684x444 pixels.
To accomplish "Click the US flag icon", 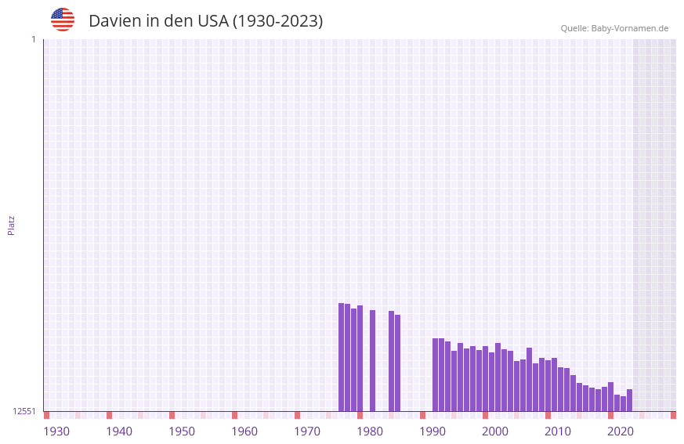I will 63,20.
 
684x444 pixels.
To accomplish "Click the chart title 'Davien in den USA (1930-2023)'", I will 205,21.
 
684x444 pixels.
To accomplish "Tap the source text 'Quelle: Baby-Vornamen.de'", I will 614,28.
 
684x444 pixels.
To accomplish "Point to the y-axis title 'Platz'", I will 11,225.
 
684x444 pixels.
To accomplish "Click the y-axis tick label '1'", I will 33,39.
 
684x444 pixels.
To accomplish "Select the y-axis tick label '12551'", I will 24,411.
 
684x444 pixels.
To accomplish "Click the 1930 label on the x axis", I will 56,431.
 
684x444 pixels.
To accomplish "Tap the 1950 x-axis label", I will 182,431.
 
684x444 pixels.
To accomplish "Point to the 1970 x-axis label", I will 307,431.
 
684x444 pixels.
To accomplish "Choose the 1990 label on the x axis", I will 432,431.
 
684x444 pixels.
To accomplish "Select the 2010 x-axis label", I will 558,431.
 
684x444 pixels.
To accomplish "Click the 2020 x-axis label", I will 621,431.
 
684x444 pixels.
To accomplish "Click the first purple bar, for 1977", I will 341,357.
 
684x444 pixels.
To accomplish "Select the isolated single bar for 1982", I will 372,360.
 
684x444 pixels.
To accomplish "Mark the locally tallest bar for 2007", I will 529,379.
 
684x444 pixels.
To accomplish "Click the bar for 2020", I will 610,396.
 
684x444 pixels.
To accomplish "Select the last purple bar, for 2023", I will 629,400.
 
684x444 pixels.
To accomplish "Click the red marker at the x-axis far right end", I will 673,415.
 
